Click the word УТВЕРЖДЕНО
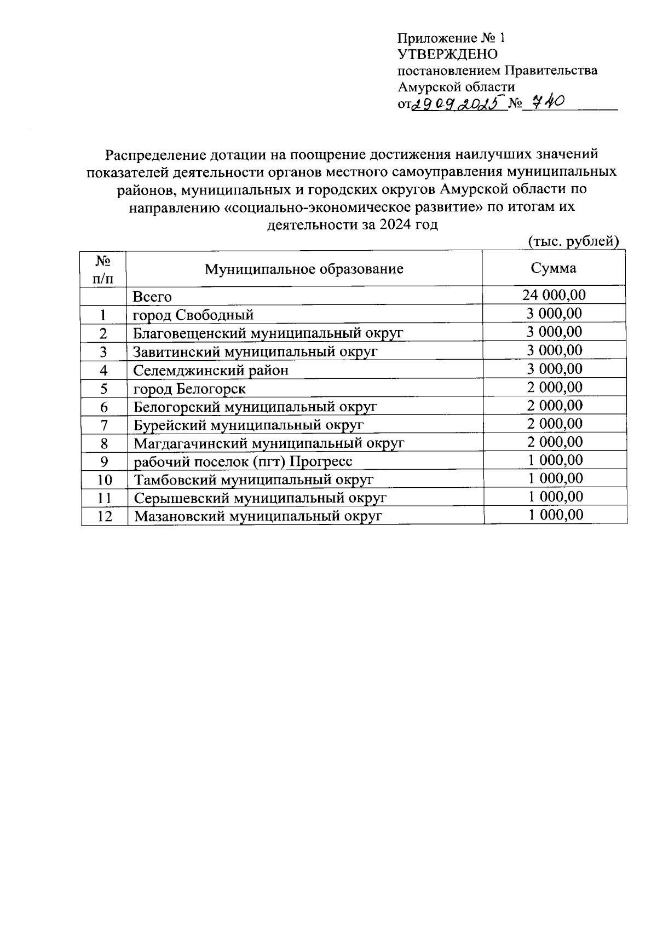pos(448,54)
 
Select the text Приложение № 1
pos(450,38)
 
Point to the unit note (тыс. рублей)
pos(573,241)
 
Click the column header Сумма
pos(553,268)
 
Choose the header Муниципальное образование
pos(304,269)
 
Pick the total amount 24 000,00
pos(554,296)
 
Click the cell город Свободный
pos(193,315)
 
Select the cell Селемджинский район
pos(211,370)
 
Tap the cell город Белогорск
pos(189,389)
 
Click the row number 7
pos(104,425)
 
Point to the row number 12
pos(104,516)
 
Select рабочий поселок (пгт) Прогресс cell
pos(243,461)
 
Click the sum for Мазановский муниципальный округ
pos(555,515)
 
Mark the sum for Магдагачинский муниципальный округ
pos(554,441)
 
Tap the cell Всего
pos(153,297)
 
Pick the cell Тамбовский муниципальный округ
pos(253,480)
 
